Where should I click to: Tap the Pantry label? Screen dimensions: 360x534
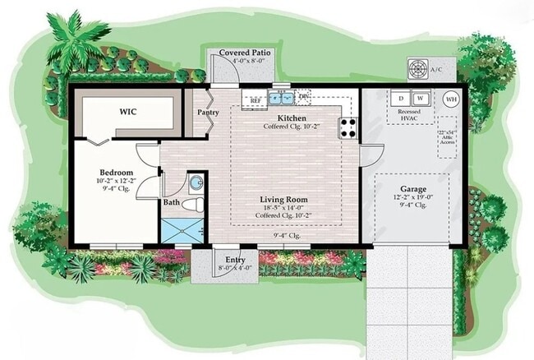(x=205, y=113)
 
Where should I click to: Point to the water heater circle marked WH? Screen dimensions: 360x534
(x=451, y=99)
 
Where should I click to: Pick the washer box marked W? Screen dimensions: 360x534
(x=421, y=96)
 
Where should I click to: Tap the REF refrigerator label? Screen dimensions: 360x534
(x=255, y=100)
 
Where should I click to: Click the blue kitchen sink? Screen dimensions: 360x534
(x=282, y=98)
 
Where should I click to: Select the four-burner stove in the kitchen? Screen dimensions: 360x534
(x=348, y=127)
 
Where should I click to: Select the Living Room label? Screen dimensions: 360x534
(x=283, y=200)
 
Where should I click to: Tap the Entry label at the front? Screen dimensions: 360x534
(x=224, y=259)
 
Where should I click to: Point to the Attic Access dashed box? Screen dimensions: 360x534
(x=447, y=136)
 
